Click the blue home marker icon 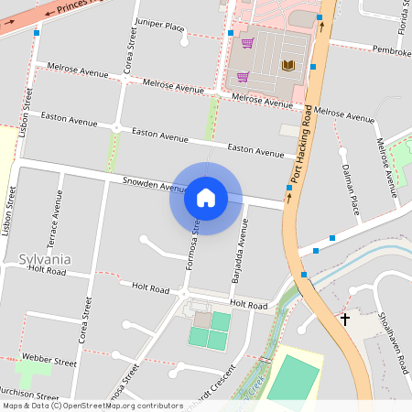click(x=205, y=197)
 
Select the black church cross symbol click(x=345, y=319)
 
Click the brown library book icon click(x=288, y=65)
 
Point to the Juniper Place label click(x=159, y=26)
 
